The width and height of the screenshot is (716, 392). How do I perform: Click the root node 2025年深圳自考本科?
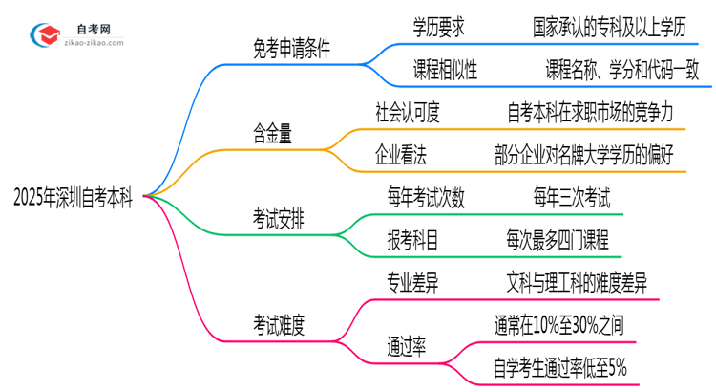tap(74, 198)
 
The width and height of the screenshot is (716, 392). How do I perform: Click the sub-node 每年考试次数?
tap(427, 198)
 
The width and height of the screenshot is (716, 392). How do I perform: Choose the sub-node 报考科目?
tap(413, 239)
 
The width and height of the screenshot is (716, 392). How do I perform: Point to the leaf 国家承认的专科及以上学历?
tap(609, 28)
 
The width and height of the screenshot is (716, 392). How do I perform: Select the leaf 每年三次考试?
tap(571, 198)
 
